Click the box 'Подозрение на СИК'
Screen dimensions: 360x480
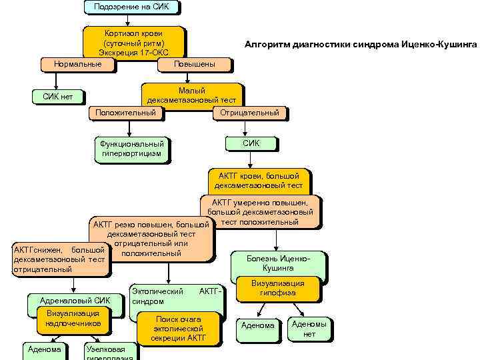(x=132, y=7)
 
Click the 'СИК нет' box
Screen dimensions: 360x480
(x=57, y=96)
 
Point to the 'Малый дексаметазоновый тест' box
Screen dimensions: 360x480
(x=191, y=95)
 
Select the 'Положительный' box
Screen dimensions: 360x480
(x=126, y=113)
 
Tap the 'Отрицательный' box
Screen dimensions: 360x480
(x=249, y=113)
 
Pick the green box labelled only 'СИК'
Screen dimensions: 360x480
(x=251, y=143)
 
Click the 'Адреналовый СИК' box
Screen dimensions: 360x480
(x=75, y=301)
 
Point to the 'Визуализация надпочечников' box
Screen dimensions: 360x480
(x=73, y=318)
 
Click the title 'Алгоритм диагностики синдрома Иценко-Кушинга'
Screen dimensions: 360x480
(x=361, y=43)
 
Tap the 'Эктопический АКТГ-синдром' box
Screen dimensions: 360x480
(x=176, y=297)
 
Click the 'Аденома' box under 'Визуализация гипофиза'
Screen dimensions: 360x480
(x=257, y=326)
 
